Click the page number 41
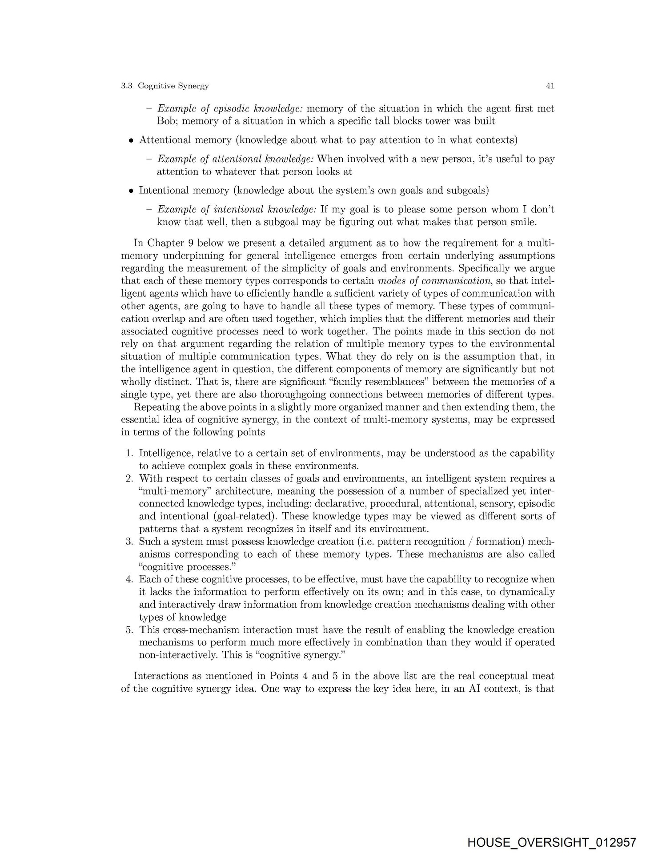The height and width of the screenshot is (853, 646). click(x=550, y=86)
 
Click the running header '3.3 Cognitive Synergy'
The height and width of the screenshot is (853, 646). click(x=165, y=86)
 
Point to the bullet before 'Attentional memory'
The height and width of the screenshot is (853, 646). click(x=131, y=141)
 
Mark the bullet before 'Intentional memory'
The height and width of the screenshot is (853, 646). click(x=131, y=191)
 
